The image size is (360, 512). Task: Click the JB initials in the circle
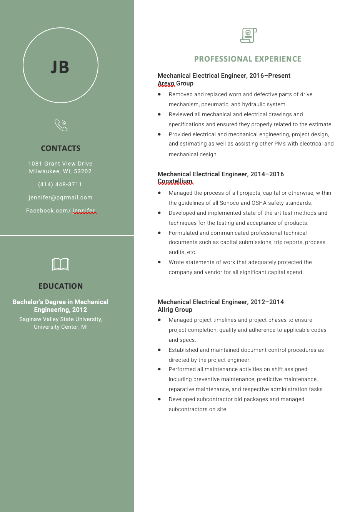point(60,67)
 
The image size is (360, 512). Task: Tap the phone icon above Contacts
point(61,125)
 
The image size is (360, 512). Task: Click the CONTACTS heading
point(61,148)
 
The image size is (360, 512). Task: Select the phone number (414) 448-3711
point(60,184)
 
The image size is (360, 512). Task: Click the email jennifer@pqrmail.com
point(60,197)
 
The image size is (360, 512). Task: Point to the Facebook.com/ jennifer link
point(60,211)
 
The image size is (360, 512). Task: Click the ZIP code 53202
point(83,171)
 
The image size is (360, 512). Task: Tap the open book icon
point(61,264)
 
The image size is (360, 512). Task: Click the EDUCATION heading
point(61,286)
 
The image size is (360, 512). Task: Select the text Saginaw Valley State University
point(61,319)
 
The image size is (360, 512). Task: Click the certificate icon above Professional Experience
point(248,35)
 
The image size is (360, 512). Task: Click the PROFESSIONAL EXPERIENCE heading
point(248,59)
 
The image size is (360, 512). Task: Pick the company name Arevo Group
point(175,83)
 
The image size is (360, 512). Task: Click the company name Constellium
point(175,181)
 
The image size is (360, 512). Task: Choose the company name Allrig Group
point(175,310)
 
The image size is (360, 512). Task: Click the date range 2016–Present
point(270,75)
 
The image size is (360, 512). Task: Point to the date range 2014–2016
point(267,174)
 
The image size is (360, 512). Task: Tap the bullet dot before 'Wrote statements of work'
point(159,262)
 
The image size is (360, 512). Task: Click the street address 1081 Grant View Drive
point(60,164)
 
